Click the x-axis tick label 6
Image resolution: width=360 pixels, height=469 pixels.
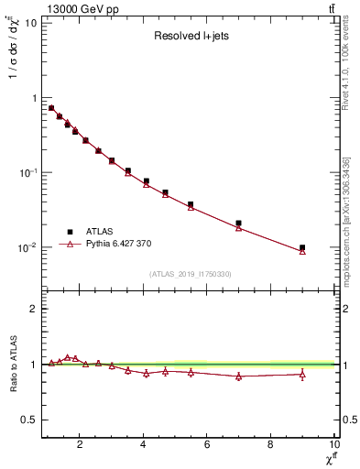(207, 445)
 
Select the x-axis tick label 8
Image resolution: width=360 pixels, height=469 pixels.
(270, 445)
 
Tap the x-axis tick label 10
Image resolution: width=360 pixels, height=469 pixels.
(333, 445)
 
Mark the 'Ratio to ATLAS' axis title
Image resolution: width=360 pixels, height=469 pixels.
(13, 365)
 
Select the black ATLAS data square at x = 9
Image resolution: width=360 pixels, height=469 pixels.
(302, 247)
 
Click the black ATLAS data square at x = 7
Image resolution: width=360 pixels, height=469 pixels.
(239, 223)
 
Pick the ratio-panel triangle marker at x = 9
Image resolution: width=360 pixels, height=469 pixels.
(302, 374)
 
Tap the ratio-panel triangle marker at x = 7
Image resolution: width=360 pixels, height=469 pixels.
(239, 376)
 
